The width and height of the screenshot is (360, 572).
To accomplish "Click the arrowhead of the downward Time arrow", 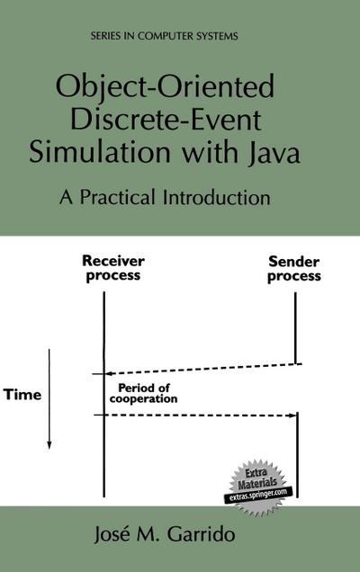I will (x=49, y=443).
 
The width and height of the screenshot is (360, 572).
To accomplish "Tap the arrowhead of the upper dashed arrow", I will (x=98, y=373).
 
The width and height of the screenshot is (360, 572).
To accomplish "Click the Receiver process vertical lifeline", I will (x=104, y=342).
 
